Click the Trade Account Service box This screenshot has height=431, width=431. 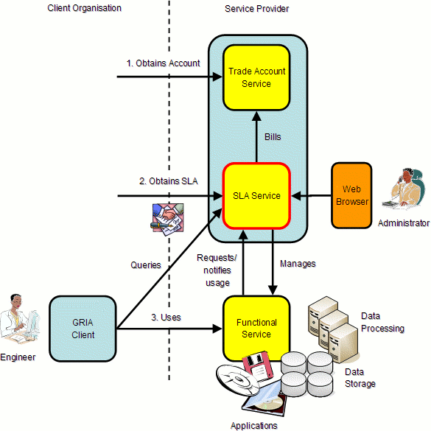point(256,77)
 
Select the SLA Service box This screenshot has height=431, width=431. point(256,195)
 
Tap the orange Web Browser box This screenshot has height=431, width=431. point(351,195)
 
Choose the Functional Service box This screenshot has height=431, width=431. point(256,329)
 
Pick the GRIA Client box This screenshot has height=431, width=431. point(83,329)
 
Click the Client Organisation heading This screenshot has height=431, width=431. point(84,8)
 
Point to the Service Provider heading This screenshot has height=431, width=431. point(256,8)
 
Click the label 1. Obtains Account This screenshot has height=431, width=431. point(163,63)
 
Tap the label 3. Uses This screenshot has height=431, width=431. point(165,317)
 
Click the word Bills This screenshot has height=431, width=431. point(273,137)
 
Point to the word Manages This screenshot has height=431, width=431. point(298,263)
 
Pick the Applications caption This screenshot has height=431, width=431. point(253,425)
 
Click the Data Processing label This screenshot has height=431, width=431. point(382,323)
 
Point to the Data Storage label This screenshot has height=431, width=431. point(360,378)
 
